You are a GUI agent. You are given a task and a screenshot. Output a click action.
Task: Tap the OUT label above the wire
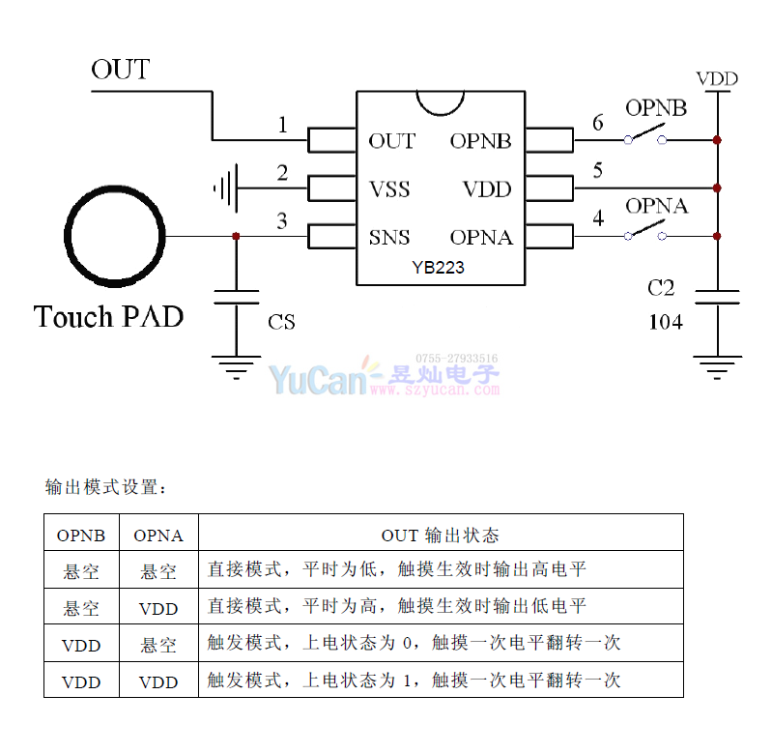point(121,70)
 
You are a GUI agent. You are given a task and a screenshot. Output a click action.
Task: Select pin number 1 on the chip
point(282,125)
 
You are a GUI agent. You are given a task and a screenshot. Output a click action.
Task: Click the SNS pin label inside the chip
point(389,237)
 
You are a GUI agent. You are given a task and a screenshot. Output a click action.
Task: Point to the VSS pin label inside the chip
point(389,188)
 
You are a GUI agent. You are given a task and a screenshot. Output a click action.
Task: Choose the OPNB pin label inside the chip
point(480,141)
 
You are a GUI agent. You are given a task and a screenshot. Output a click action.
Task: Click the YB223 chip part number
point(438,268)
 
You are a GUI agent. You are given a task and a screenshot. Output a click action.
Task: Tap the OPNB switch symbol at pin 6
point(645,135)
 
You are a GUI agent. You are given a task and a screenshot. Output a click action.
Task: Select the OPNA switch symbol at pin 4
point(645,232)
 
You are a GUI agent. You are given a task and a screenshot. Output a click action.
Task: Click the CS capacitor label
point(281,322)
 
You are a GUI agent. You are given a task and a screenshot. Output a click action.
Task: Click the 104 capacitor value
point(665,322)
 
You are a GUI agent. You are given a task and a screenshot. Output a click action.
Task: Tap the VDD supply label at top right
point(717,78)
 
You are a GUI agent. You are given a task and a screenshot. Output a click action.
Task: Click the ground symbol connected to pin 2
point(225,188)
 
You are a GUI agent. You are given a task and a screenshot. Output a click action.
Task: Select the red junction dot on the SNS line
point(237,236)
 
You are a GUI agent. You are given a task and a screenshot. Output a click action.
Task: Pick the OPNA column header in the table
point(158,535)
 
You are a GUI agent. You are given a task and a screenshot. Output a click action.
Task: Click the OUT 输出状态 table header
point(440,535)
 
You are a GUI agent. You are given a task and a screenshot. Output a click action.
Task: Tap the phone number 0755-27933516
point(457,359)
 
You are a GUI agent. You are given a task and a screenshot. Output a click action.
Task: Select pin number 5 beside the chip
point(598,171)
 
